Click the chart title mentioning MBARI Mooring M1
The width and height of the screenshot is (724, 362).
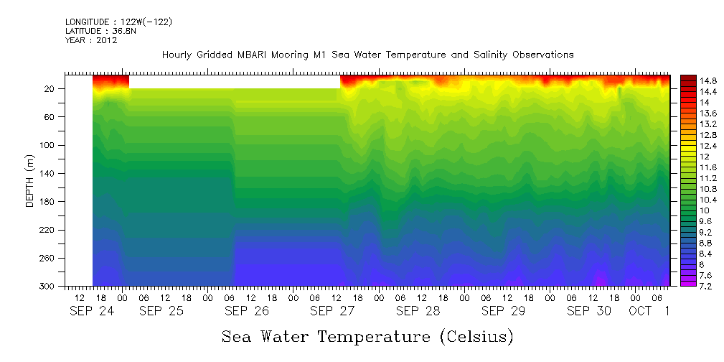(x=367, y=55)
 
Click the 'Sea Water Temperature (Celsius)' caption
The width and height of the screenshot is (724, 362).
(x=367, y=336)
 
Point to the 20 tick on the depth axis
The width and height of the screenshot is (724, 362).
(x=50, y=88)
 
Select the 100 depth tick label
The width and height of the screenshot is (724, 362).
(x=48, y=145)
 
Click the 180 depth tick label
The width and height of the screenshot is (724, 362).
(x=48, y=202)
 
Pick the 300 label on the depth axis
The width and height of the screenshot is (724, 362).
(x=48, y=287)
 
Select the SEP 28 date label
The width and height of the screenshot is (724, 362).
(x=418, y=311)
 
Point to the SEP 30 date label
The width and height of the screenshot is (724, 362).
(x=589, y=311)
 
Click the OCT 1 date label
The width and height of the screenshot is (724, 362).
(x=649, y=311)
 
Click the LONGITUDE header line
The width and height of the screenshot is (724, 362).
(x=118, y=22)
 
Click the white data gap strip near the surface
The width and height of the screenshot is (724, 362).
(x=234, y=81)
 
